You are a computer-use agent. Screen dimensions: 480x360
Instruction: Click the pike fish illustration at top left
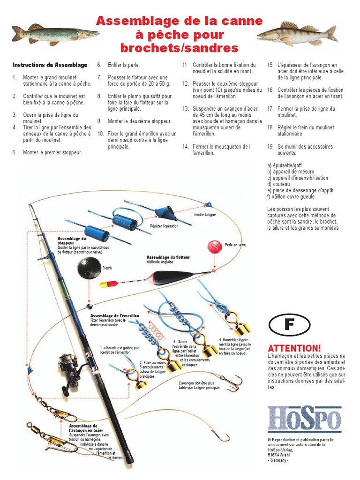55,34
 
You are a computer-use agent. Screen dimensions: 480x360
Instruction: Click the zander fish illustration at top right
297,33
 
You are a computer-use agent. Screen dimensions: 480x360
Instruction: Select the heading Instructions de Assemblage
50,65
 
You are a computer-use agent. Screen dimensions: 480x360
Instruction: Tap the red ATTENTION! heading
294,348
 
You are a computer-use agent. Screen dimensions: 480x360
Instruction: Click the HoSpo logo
304,419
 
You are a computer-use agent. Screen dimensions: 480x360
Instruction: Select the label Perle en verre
235,245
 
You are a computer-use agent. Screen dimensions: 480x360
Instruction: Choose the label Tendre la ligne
204,214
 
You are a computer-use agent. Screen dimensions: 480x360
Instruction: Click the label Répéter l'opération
164,225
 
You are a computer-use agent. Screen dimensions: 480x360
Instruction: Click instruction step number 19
300,150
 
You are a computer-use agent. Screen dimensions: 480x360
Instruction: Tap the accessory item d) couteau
278,184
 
